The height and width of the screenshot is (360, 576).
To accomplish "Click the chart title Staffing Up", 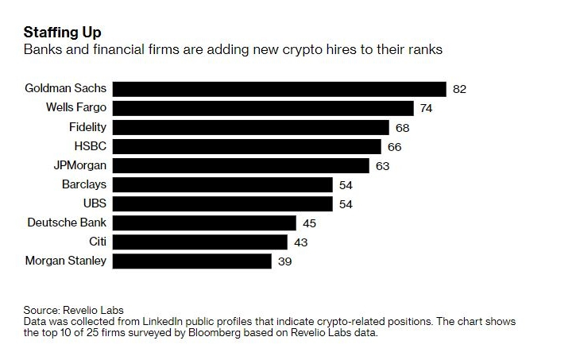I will point(62,33).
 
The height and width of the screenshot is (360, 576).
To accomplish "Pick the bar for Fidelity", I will point(251,127).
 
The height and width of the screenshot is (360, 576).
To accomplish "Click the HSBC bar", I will point(247,146).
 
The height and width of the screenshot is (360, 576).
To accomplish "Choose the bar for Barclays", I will point(223,184).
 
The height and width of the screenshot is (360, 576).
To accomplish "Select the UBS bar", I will point(223,203).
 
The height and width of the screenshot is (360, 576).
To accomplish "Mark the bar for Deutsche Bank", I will point(205,223).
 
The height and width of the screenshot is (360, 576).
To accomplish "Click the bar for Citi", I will point(201,242).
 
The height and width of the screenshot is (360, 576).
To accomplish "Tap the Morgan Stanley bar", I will point(193,261).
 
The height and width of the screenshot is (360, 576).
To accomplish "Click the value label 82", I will point(459,89).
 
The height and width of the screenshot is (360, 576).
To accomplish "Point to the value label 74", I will point(427,108).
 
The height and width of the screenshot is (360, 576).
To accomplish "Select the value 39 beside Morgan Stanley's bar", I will point(284,261).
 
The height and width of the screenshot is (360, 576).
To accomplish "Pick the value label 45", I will point(309,223).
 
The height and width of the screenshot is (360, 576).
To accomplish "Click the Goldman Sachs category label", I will point(66,88).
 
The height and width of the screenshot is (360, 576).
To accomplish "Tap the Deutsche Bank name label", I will point(67,223).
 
